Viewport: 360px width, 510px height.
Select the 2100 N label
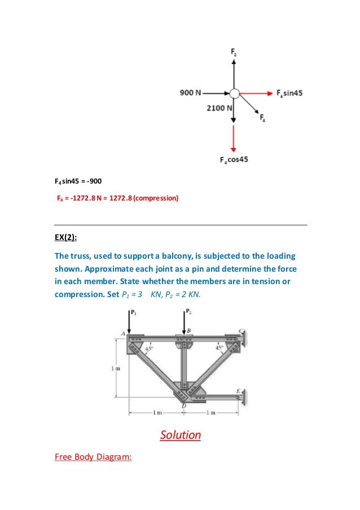(217, 107)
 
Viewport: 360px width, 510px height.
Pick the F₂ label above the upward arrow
(234, 53)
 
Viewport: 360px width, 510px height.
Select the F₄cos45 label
(234, 160)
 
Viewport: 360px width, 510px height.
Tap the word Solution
(180, 435)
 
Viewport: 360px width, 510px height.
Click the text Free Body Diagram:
(93, 457)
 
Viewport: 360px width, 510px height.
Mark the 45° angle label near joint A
(149, 349)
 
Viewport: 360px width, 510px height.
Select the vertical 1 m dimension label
(113, 369)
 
